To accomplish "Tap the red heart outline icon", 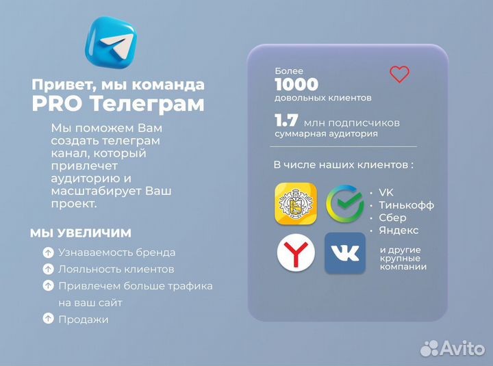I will [399, 74].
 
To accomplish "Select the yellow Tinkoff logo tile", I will [295, 204].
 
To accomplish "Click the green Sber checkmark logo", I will [344, 204].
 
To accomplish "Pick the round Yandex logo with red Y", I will [296, 253].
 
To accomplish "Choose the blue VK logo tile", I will [344, 253].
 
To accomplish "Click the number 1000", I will [296, 84].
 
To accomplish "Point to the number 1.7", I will [286, 121].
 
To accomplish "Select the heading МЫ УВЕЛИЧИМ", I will [81, 233].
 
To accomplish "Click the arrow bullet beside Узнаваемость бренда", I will [48, 252].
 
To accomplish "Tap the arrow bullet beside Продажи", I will [48, 319].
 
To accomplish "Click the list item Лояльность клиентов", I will [116, 269].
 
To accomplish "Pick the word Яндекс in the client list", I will [399, 230].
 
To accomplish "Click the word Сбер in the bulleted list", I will [392, 218].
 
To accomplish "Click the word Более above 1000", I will [288, 70].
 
